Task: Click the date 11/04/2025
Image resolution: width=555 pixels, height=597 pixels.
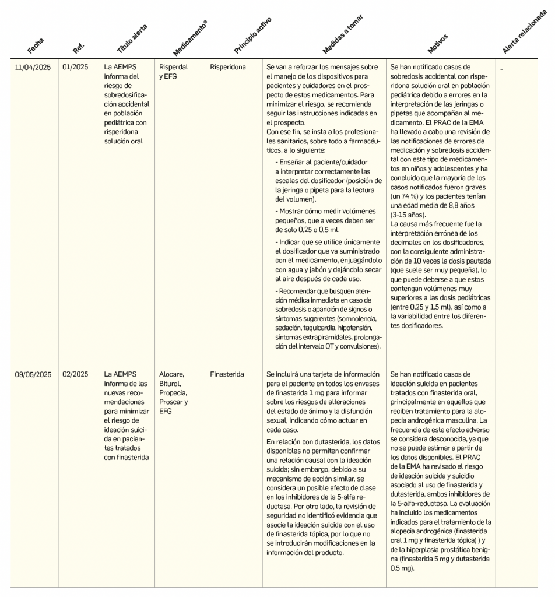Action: (x=33, y=67)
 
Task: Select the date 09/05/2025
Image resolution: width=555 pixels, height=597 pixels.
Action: (x=33, y=374)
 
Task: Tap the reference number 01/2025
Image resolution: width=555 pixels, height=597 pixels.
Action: (x=75, y=67)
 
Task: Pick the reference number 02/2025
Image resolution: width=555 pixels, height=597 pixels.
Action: (x=75, y=374)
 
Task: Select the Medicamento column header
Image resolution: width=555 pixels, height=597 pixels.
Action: (x=190, y=38)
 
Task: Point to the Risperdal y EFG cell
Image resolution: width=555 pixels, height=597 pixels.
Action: (x=174, y=72)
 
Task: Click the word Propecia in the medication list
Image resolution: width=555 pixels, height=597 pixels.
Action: (x=173, y=393)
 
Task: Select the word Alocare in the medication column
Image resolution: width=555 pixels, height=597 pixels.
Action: (x=171, y=374)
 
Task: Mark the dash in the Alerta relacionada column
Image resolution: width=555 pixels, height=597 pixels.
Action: (x=501, y=68)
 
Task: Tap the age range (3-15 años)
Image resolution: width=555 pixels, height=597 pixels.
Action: (x=409, y=215)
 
